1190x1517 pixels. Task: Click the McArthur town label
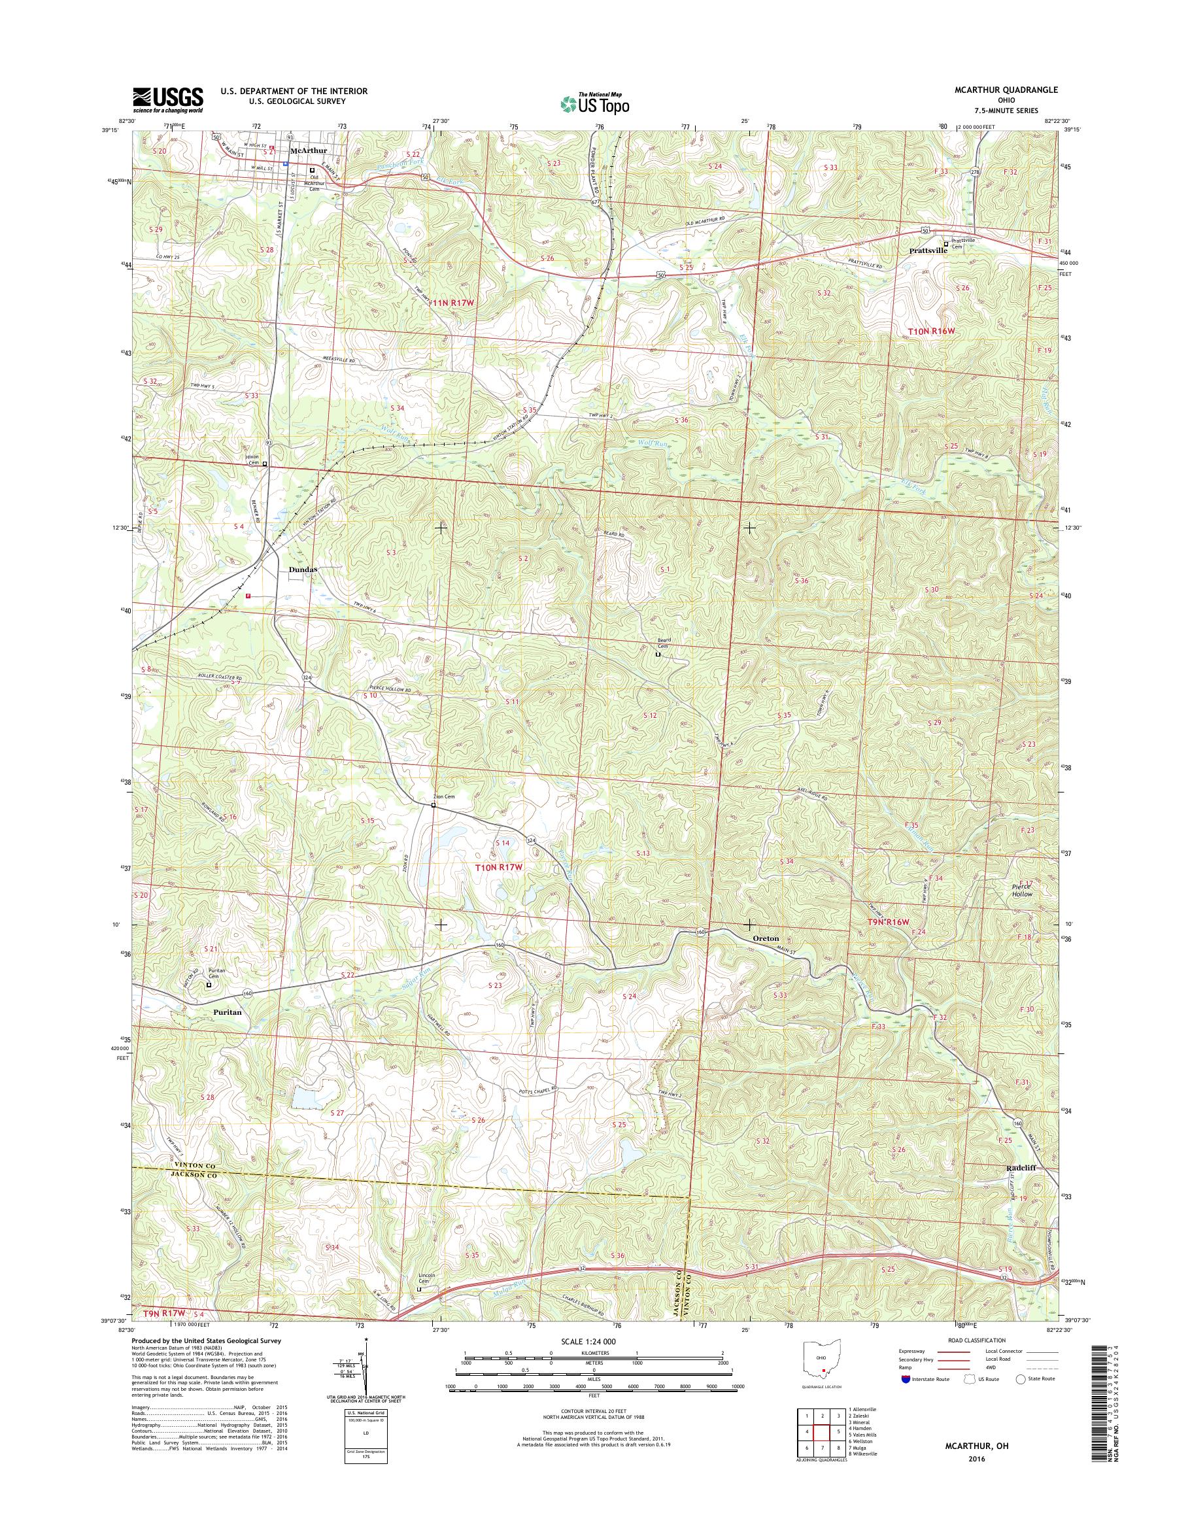pos(308,150)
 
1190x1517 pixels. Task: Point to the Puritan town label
pos(223,1012)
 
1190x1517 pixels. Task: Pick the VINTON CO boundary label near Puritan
pos(160,1165)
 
